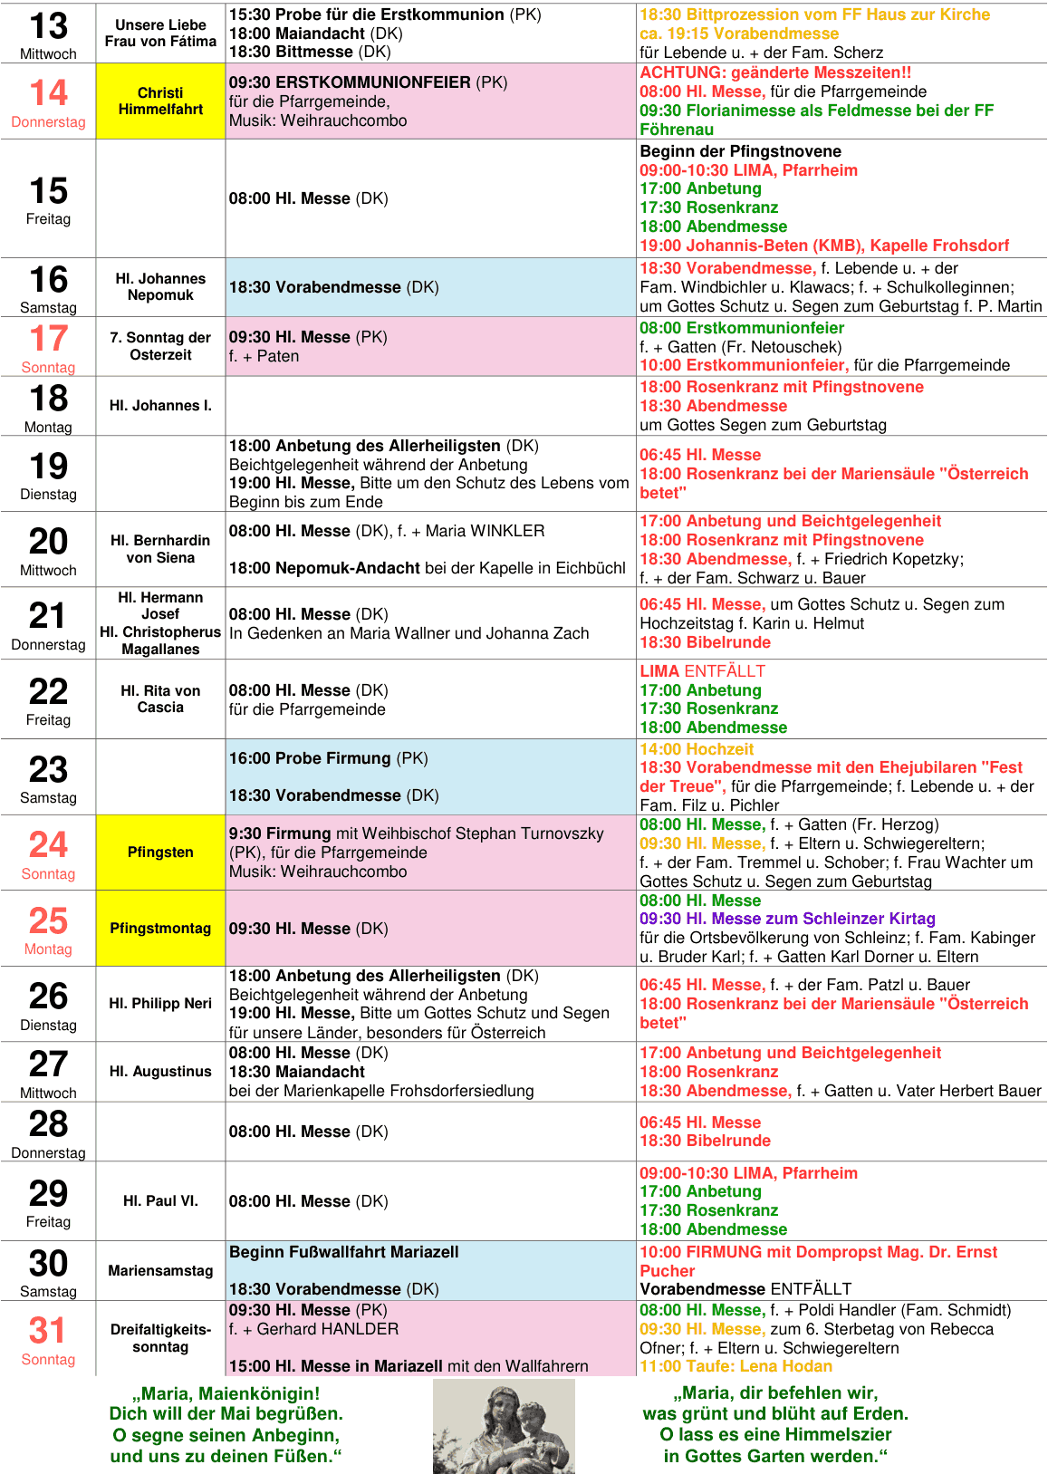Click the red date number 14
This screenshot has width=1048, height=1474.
coord(48,92)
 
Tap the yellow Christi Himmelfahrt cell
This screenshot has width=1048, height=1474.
coord(160,101)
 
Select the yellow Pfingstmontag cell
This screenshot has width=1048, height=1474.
coord(160,929)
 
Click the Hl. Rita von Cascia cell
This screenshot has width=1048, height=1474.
coord(160,698)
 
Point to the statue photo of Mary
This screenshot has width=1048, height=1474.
coord(504,1426)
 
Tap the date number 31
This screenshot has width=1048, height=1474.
coord(47,1330)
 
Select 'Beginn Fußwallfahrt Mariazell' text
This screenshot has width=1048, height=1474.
coord(343,1252)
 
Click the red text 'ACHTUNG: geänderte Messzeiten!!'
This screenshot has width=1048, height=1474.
coord(775,72)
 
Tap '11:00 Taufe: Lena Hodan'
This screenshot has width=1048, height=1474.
coord(736,1366)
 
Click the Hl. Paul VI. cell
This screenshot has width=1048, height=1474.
coord(160,1200)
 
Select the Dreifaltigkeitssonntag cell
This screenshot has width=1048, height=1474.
coord(160,1338)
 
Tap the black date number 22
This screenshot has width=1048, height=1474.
coord(48,692)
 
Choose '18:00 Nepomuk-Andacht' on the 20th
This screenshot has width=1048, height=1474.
coord(324,568)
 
